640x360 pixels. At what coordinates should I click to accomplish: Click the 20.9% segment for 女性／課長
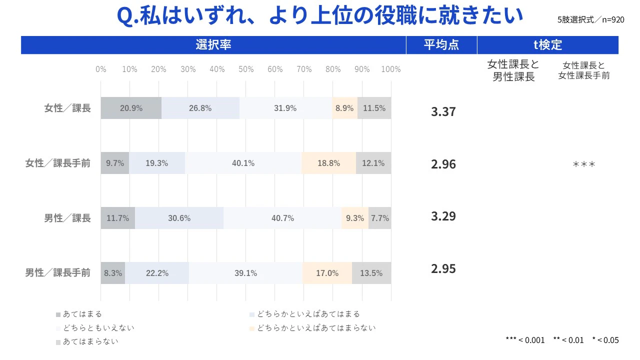point(131,108)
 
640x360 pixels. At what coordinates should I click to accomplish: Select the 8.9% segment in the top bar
point(344,108)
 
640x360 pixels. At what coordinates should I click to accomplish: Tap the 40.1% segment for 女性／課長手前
point(243,163)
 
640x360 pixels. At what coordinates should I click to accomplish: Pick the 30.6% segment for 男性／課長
point(179,218)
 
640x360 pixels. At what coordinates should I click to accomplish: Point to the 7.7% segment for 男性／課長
point(379,218)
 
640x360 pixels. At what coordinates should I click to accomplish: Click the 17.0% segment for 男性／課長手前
point(327,273)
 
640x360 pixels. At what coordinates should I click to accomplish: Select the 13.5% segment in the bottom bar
point(371,273)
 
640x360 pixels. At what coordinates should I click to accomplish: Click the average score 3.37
point(443,111)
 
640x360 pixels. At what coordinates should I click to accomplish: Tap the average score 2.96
point(443,164)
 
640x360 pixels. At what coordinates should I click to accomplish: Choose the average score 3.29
point(443,216)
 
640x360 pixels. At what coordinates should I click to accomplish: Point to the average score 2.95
point(443,268)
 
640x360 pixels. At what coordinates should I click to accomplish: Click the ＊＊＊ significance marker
point(583,164)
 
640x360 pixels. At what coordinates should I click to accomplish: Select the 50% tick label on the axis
point(246,69)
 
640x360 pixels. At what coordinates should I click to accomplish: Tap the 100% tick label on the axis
point(390,69)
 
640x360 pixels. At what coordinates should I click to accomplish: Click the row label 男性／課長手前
point(58,273)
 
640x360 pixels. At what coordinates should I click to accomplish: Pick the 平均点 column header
point(441,45)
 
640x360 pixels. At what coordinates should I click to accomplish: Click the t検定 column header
point(547,45)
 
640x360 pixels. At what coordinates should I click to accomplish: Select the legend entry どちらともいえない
point(98,328)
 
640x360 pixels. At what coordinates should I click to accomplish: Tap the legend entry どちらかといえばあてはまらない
point(316,328)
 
